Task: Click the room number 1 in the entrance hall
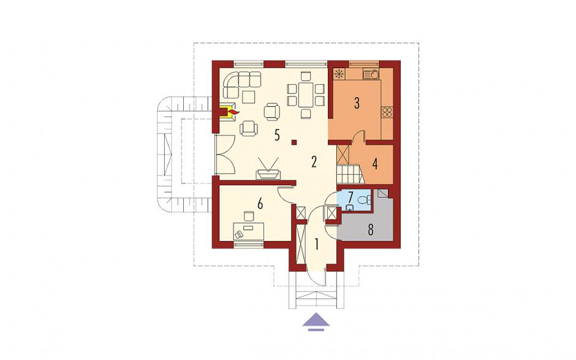point(316,244)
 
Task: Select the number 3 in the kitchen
point(357,103)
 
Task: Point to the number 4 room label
point(374,164)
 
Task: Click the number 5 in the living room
point(277,136)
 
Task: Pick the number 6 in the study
point(260,203)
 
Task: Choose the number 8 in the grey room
point(370,230)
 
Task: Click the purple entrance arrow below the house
point(316,320)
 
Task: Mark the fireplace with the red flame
point(229,112)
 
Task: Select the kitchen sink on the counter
point(370,75)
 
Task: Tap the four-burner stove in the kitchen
point(387,112)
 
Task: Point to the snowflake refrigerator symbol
point(339,74)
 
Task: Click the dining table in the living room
point(306,94)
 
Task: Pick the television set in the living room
point(268,169)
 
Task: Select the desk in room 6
point(249,231)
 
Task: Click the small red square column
point(294,142)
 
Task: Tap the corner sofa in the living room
point(241,85)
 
